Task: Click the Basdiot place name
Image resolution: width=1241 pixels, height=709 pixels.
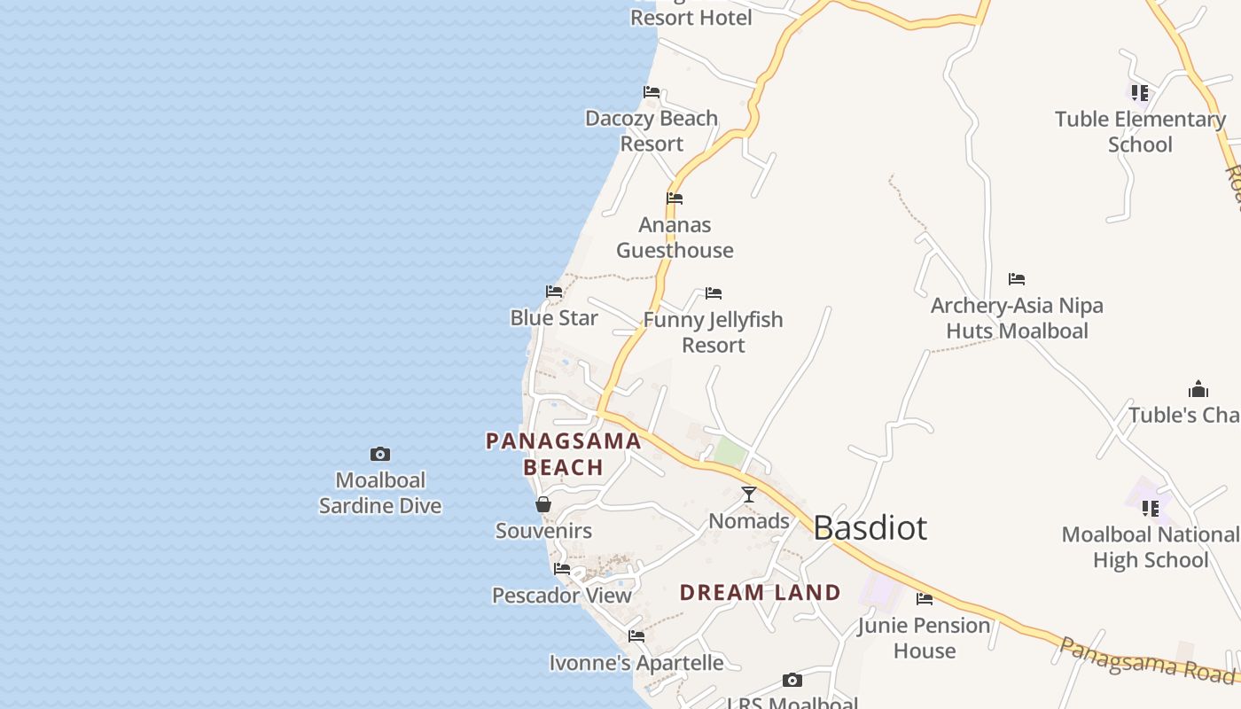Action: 870,528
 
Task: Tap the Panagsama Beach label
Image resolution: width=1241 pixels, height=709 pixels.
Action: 564,454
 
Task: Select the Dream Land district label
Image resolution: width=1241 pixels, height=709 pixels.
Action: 760,593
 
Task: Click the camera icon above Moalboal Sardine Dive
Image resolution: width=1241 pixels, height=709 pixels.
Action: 380,455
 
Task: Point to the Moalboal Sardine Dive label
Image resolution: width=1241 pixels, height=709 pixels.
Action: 380,494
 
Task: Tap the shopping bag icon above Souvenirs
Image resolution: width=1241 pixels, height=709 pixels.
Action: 543,504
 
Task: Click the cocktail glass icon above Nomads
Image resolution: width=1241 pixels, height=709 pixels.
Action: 749,495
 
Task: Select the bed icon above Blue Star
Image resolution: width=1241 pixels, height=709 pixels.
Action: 554,292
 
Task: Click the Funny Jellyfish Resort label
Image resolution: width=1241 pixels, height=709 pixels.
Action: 714,332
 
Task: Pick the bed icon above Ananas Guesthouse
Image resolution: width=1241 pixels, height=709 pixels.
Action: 675,199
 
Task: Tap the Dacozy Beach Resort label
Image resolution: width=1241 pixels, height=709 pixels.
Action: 652,131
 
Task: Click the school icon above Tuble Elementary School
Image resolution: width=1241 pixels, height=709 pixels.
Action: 1140,92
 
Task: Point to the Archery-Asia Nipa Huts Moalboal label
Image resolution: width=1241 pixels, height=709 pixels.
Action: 1017,318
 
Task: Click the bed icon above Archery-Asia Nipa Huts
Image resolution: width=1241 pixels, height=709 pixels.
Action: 1017,279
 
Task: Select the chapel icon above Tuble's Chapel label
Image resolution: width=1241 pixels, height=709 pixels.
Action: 1198,389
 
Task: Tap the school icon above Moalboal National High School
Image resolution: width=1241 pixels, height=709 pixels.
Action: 1151,509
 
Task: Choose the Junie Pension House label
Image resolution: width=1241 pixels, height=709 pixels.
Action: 925,638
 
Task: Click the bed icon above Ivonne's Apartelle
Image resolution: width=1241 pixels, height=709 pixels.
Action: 636,636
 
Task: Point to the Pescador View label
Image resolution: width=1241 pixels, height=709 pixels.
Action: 562,596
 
